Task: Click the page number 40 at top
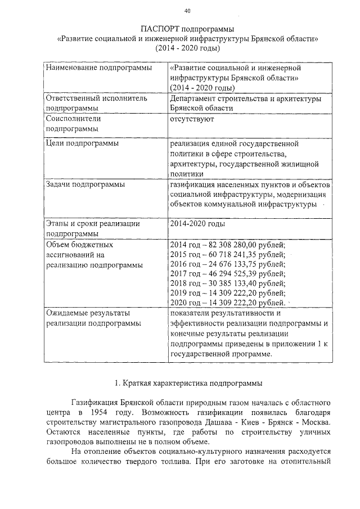point(187,11)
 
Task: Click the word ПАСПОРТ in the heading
point(161,29)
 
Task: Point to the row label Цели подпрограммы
point(82,143)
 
